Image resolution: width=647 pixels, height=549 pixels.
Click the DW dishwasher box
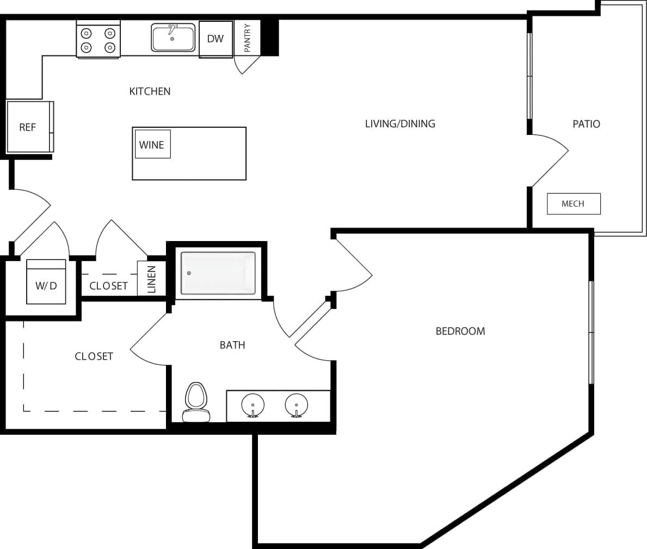pos(215,39)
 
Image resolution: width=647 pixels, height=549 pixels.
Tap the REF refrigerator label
pos(27,127)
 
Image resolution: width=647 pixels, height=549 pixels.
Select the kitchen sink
pos(173,38)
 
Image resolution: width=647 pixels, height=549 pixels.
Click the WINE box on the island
pos(152,145)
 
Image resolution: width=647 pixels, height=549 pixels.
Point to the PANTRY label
pos(248,38)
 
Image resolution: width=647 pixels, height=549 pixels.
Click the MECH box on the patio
pos(573,204)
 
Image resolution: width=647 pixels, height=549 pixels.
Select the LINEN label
pos(152,279)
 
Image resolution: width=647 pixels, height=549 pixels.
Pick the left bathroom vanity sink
pos(252,405)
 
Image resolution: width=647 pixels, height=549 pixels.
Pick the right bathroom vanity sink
pos(296,405)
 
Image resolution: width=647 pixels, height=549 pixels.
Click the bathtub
pos(218,273)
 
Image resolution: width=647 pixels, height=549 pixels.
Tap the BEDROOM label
pos(460,331)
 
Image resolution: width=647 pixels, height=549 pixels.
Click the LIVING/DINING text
pos(400,124)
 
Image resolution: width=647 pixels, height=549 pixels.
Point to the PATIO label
pos(586,124)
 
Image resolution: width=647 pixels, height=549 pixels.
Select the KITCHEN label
pos(150,91)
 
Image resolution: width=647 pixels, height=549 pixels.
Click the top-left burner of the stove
pos(86,33)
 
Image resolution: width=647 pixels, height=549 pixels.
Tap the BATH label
pos(232,345)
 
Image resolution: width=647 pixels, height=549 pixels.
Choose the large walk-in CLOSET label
pos(94,356)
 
